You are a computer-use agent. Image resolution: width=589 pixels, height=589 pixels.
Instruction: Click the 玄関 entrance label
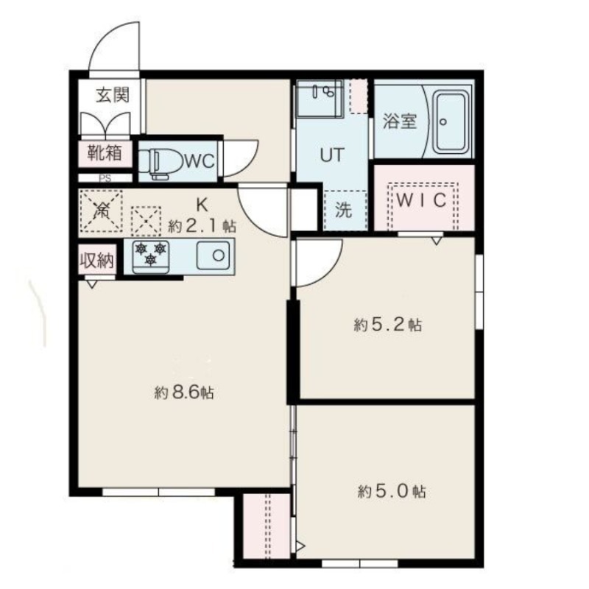113,95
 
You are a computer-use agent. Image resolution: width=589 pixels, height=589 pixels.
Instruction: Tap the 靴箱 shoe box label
105,152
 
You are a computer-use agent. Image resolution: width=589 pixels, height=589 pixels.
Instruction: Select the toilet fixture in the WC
160,163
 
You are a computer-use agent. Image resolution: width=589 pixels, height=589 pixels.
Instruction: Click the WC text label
200,161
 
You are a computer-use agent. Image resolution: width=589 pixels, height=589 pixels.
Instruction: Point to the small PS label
105,178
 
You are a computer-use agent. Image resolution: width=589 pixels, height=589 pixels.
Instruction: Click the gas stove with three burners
151,257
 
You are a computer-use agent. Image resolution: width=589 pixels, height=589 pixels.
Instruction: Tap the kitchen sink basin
214,255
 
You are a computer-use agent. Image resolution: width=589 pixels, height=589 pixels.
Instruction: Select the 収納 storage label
96,260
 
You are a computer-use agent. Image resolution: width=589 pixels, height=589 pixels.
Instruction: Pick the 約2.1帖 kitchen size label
202,226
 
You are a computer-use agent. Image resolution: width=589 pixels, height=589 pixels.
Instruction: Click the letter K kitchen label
202,205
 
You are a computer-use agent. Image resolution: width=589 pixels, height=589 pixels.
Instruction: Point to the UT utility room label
332,155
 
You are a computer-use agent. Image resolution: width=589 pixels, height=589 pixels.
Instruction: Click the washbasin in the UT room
320,99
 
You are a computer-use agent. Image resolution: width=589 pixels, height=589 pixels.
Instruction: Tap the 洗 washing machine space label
344,210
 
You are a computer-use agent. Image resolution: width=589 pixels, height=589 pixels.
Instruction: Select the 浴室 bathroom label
400,121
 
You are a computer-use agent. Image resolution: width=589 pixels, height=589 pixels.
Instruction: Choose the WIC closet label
421,200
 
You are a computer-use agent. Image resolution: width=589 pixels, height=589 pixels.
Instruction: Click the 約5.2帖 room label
388,325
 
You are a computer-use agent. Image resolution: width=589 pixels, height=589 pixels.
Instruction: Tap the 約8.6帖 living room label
184,392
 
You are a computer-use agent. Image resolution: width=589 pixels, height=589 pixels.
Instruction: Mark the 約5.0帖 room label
392,491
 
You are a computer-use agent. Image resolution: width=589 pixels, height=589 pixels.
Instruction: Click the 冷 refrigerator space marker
102,211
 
